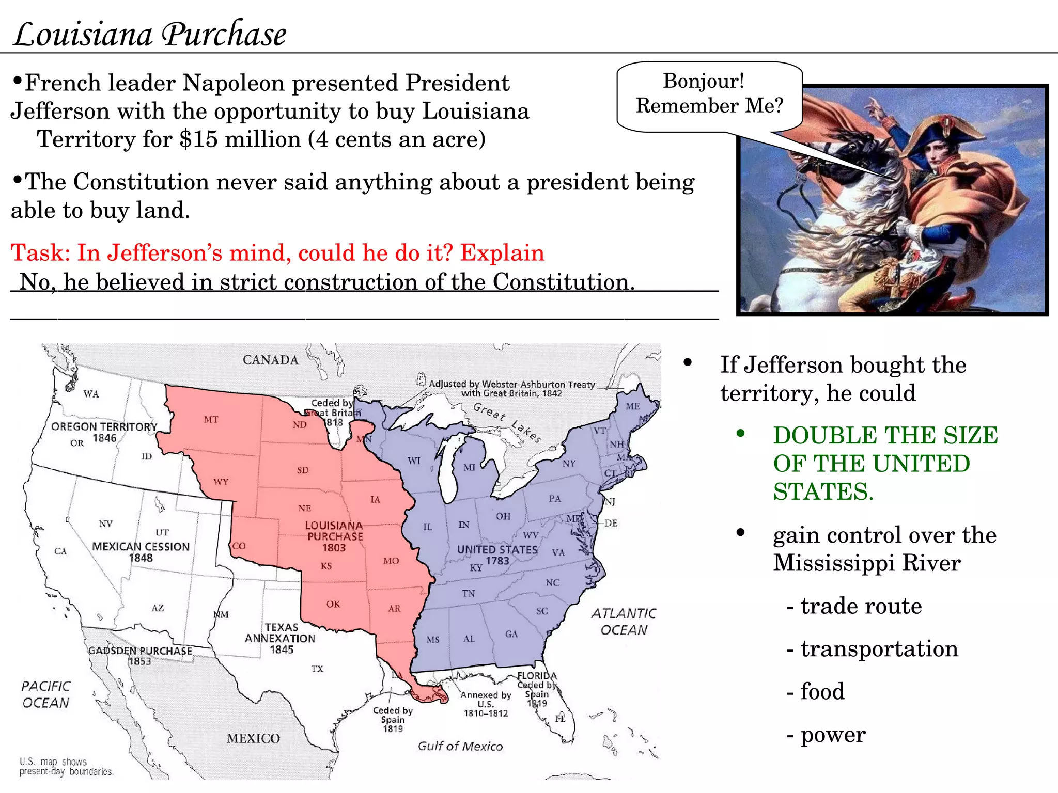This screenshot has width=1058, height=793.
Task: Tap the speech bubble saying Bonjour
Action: pyautogui.click(x=709, y=94)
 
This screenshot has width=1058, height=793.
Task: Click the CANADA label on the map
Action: pyautogui.click(x=270, y=360)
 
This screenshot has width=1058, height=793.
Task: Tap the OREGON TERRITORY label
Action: pyautogui.click(x=104, y=427)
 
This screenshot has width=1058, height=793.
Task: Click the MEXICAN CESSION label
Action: pyautogui.click(x=141, y=547)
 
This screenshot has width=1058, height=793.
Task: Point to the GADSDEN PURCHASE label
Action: pyautogui.click(x=140, y=651)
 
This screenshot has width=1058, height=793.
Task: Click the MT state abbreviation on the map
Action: pyautogui.click(x=211, y=420)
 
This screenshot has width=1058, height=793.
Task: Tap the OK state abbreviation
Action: pyautogui.click(x=333, y=604)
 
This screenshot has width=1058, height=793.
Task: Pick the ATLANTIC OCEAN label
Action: pyautogui.click(x=624, y=622)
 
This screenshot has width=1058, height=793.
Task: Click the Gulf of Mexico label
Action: pyautogui.click(x=460, y=746)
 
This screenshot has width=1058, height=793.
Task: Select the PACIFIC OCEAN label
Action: pyautogui.click(x=45, y=694)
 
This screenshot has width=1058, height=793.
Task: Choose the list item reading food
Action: pyautogui.click(x=822, y=692)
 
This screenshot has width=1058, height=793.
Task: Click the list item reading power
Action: pyautogui.click(x=833, y=735)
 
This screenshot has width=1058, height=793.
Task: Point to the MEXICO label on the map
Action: pyautogui.click(x=253, y=738)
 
